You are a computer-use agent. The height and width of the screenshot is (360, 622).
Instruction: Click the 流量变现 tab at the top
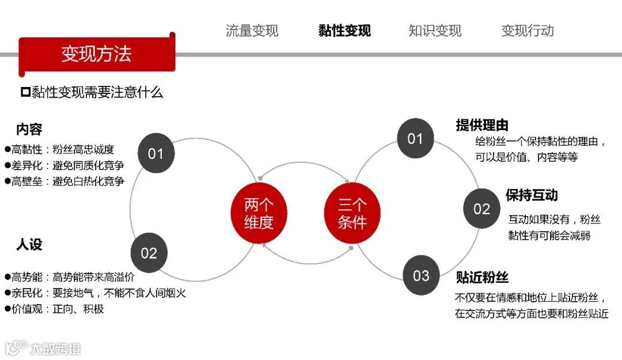252,31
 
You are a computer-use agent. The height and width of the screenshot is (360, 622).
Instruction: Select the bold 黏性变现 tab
344,31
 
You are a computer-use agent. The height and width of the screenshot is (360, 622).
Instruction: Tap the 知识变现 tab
435,31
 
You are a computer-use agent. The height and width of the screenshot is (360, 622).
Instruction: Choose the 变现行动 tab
528,31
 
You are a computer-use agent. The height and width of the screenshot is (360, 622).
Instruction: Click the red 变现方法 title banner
96,54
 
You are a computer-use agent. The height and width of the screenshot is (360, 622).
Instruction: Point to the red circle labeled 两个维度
259,213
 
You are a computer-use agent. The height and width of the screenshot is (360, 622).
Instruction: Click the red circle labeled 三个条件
352,213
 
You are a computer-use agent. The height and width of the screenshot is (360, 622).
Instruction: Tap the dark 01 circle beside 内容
156,154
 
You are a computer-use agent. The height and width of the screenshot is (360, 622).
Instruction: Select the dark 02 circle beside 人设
149,253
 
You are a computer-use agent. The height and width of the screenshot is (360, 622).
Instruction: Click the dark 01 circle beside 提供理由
415,138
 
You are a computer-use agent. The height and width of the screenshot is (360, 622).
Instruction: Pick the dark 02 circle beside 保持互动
481,209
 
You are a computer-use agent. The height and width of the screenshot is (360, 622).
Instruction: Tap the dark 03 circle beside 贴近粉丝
421,275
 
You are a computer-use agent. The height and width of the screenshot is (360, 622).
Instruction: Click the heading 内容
29,130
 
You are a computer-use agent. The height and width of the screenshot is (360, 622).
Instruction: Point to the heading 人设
29,245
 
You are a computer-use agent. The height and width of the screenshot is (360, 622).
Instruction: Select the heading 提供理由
482,125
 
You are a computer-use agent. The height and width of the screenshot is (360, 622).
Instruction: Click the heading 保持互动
532,195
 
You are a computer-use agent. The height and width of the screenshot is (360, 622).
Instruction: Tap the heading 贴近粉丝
482,277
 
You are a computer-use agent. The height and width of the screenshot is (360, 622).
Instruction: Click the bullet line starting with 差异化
65,165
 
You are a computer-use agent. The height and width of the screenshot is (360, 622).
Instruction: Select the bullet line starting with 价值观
55,309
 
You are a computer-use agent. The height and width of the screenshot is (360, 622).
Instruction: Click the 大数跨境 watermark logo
44,348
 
